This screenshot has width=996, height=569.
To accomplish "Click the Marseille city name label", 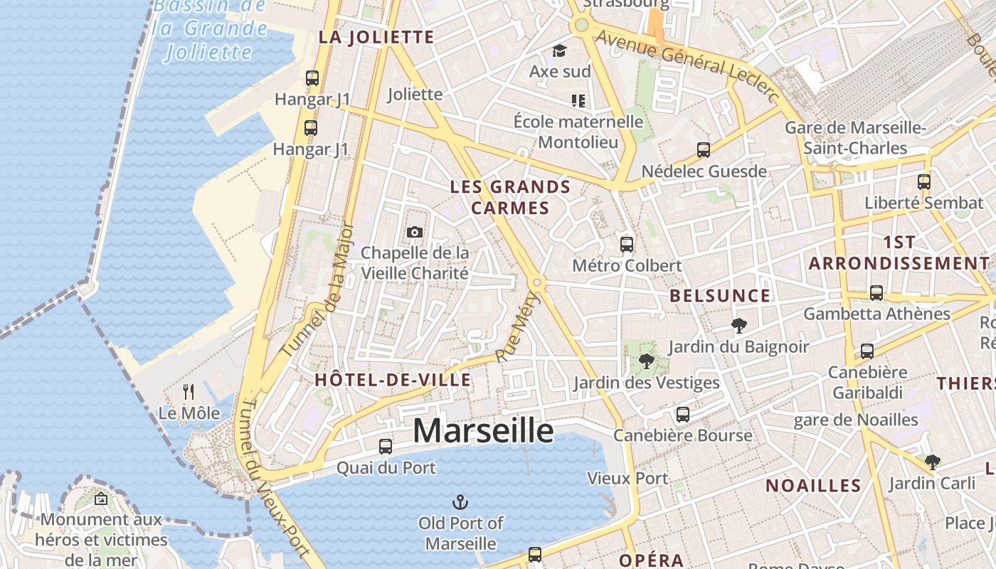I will (x=483, y=430).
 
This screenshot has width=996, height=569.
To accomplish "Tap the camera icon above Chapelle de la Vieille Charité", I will (x=414, y=232).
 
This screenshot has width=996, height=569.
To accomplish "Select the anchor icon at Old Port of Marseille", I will (x=460, y=502).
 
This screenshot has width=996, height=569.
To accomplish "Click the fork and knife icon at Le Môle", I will (x=189, y=392).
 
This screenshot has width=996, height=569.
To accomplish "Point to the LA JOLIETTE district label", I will (x=376, y=38).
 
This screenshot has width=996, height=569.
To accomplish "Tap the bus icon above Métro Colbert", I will (x=627, y=245).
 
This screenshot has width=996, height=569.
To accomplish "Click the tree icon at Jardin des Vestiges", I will (x=646, y=361).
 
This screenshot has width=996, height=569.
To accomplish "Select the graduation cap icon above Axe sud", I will (x=559, y=51).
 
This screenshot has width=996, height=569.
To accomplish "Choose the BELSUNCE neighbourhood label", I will (x=720, y=296).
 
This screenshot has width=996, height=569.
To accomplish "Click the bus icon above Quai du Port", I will (x=386, y=447).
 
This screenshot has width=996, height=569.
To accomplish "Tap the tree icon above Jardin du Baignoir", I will (x=739, y=326).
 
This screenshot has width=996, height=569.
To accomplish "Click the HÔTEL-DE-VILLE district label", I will (x=393, y=380).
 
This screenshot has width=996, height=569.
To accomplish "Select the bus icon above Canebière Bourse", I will (x=683, y=415).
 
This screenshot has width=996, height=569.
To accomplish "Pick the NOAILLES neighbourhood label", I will (x=813, y=486).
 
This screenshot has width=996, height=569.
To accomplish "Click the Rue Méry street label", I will (x=519, y=327).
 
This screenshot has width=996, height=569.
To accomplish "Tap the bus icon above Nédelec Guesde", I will (x=704, y=150).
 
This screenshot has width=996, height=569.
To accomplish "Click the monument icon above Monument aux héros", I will (x=100, y=499).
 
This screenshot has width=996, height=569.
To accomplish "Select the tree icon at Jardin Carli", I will (x=932, y=462).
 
